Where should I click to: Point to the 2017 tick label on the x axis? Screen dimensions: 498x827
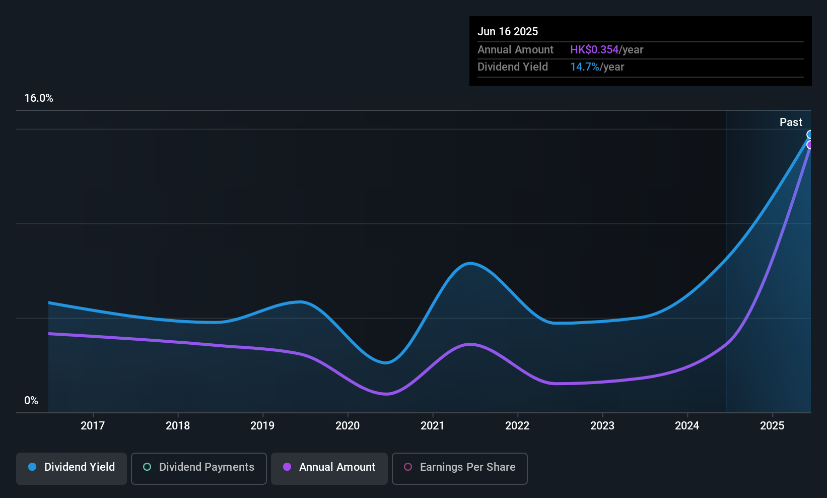point(93,426)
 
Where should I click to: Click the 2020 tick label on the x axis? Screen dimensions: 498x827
point(348,426)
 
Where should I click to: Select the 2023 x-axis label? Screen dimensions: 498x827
point(602,426)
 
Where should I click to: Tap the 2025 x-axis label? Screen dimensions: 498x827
point(772,426)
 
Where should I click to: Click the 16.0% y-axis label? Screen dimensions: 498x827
point(39,98)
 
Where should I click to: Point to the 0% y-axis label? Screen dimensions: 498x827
point(31,401)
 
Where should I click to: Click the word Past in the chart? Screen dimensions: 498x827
point(791,122)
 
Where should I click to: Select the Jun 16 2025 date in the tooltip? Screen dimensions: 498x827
point(508,32)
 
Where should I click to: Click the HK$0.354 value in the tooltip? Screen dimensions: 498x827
point(594,50)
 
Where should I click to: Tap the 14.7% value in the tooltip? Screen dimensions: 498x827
point(584,67)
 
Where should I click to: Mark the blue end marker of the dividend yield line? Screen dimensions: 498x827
point(810,135)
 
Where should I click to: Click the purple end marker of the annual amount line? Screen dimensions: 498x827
point(810,145)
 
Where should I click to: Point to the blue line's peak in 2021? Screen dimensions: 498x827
point(469,263)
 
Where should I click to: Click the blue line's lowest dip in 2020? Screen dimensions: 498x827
point(386,362)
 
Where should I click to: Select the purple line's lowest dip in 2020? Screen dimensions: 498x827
point(386,394)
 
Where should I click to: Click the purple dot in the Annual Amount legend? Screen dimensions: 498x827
point(287,467)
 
